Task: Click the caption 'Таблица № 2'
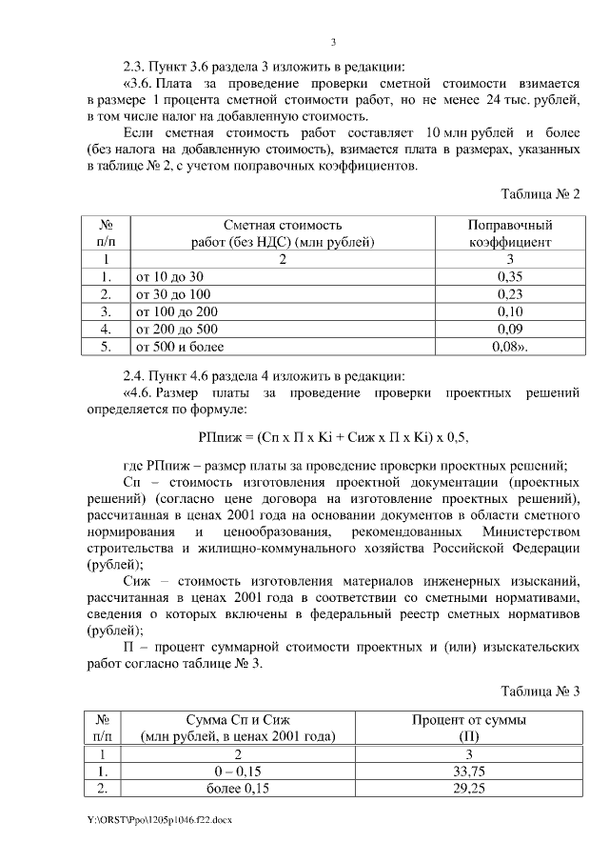(540, 194)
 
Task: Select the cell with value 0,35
(511, 276)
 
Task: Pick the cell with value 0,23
(511, 294)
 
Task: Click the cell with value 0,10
(511, 311)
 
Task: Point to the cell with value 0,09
(511, 330)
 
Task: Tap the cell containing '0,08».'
(511, 347)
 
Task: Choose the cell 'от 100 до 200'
(177, 311)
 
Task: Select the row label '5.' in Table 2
(106, 347)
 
